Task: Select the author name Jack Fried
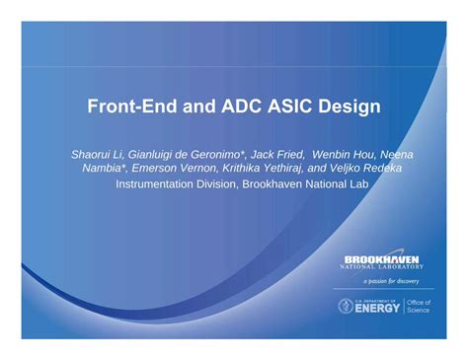coord(277,155)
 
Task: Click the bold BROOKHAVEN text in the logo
coord(381,258)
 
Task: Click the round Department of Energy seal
coord(347,306)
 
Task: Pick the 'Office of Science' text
coord(421,306)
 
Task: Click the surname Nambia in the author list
coord(102,169)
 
